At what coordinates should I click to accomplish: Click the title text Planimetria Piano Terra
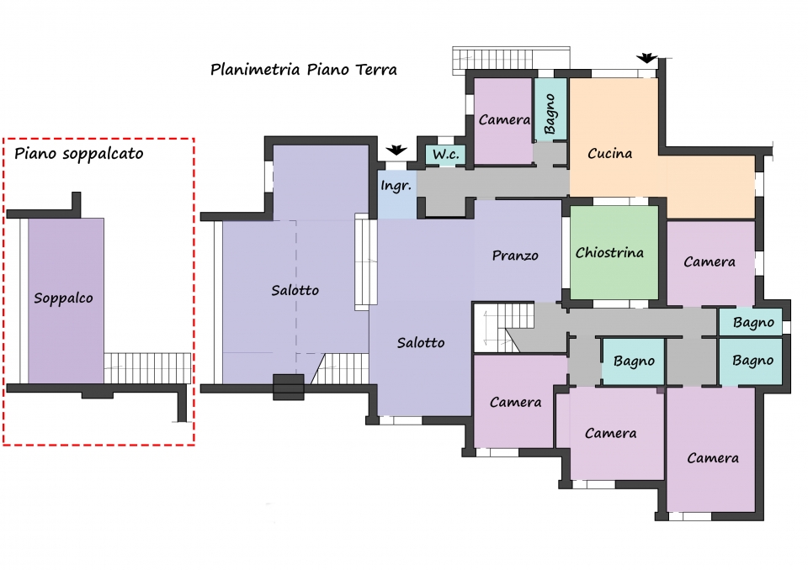pyautogui.click(x=304, y=70)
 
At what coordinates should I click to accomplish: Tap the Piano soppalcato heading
pyautogui.click(x=78, y=154)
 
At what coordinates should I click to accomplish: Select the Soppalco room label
pyautogui.click(x=63, y=298)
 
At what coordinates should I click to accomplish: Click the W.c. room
pyautogui.click(x=446, y=155)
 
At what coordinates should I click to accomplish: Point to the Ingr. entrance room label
pyautogui.click(x=396, y=186)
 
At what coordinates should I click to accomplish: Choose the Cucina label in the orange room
pyautogui.click(x=609, y=154)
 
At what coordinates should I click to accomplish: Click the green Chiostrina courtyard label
pyautogui.click(x=609, y=253)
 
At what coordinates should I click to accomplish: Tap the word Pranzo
pyautogui.click(x=515, y=256)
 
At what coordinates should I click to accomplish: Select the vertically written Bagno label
pyautogui.click(x=550, y=113)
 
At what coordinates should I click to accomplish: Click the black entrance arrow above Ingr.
pyautogui.click(x=396, y=150)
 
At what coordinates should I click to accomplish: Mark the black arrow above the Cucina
pyautogui.click(x=646, y=58)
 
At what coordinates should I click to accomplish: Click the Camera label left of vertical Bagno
pyautogui.click(x=504, y=120)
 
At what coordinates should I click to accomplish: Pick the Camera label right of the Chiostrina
pyautogui.click(x=709, y=262)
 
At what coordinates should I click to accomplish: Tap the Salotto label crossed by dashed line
pyautogui.click(x=295, y=290)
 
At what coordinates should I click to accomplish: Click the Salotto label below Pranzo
pyautogui.click(x=421, y=343)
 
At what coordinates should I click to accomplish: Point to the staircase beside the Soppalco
pyautogui.click(x=147, y=368)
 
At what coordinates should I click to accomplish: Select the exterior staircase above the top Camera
pyautogui.click(x=511, y=58)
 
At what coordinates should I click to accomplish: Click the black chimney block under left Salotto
pyautogui.click(x=288, y=388)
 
